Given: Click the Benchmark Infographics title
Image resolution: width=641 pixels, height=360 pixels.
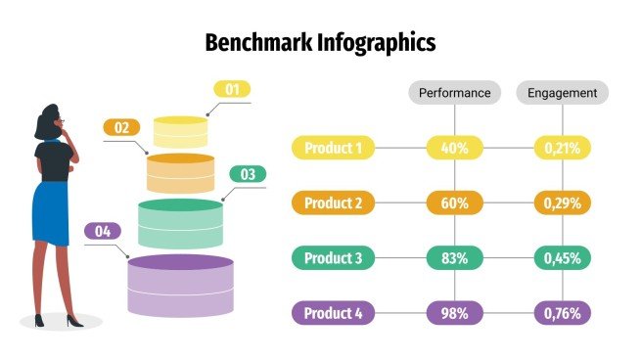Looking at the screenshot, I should (x=320, y=43).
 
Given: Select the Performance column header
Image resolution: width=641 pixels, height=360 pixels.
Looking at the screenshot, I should (x=454, y=93).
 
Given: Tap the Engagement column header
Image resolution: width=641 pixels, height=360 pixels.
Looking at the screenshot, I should (x=562, y=93).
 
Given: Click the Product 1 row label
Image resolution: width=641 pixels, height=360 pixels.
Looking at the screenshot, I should (x=334, y=149).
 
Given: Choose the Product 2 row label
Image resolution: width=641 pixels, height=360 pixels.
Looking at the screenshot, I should (x=334, y=203).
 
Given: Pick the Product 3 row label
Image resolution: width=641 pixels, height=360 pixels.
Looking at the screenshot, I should (x=334, y=258).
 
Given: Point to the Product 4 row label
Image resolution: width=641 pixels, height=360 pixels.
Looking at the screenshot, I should (x=334, y=314).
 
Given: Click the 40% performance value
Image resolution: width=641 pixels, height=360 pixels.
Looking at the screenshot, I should (x=455, y=149).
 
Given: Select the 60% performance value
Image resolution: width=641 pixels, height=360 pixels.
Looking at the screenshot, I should (x=455, y=203).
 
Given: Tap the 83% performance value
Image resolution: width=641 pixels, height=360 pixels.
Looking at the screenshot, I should (x=455, y=258).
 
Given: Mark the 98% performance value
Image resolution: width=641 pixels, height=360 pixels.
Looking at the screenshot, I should (x=455, y=314).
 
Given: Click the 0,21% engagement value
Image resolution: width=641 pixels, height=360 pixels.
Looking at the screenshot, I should (x=563, y=149).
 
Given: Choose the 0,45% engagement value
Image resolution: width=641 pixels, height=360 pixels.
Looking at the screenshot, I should (x=563, y=258).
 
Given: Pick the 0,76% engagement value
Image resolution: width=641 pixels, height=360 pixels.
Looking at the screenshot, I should (x=563, y=314).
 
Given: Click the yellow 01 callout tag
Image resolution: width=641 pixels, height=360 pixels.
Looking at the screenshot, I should (x=232, y=90).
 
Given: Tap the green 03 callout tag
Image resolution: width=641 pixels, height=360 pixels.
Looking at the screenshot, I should (x=248, y=175).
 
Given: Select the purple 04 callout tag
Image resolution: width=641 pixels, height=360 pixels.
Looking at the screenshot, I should (x=103, y=232).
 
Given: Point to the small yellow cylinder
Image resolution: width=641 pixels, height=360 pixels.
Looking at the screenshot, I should (x=181, y=131).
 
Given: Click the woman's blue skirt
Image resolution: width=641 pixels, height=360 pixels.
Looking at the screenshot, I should (x=50, y=212).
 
